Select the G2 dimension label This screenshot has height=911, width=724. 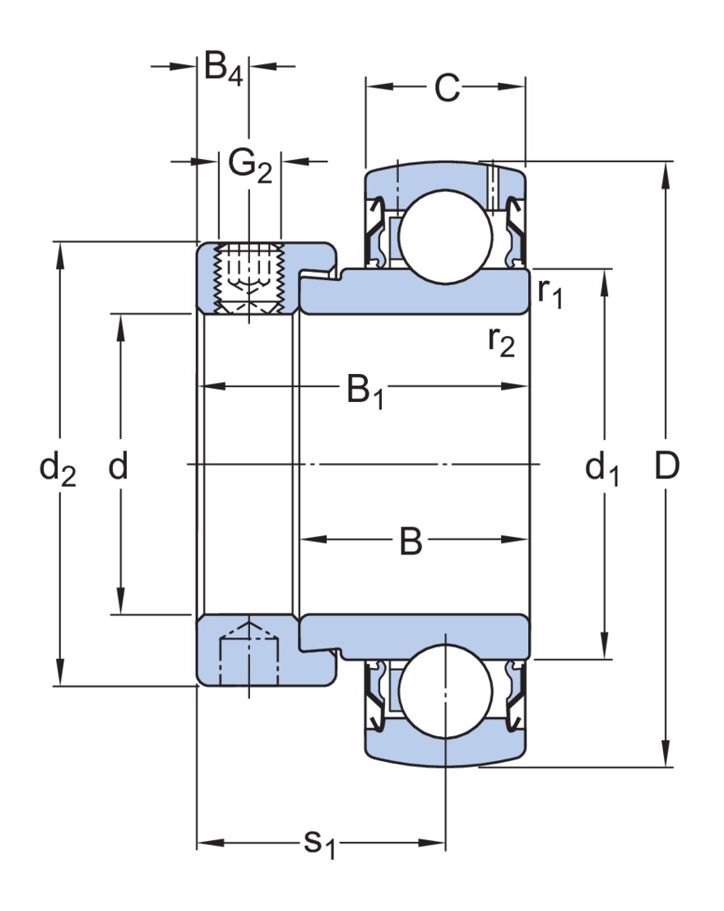click(249, 166)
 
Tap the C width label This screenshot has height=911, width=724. click(447, 88)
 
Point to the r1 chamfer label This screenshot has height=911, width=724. click(550, 293)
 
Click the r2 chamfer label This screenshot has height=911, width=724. click(500, 341)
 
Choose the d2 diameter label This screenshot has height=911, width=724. click(58, 470)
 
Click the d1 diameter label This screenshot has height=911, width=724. click(602, 470)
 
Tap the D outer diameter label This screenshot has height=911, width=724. click(666, 467)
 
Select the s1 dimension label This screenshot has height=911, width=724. click(320, 844)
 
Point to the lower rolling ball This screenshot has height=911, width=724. click(445, 694)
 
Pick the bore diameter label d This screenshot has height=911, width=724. click(118, 467)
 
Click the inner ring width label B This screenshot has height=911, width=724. click(411, 542)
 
